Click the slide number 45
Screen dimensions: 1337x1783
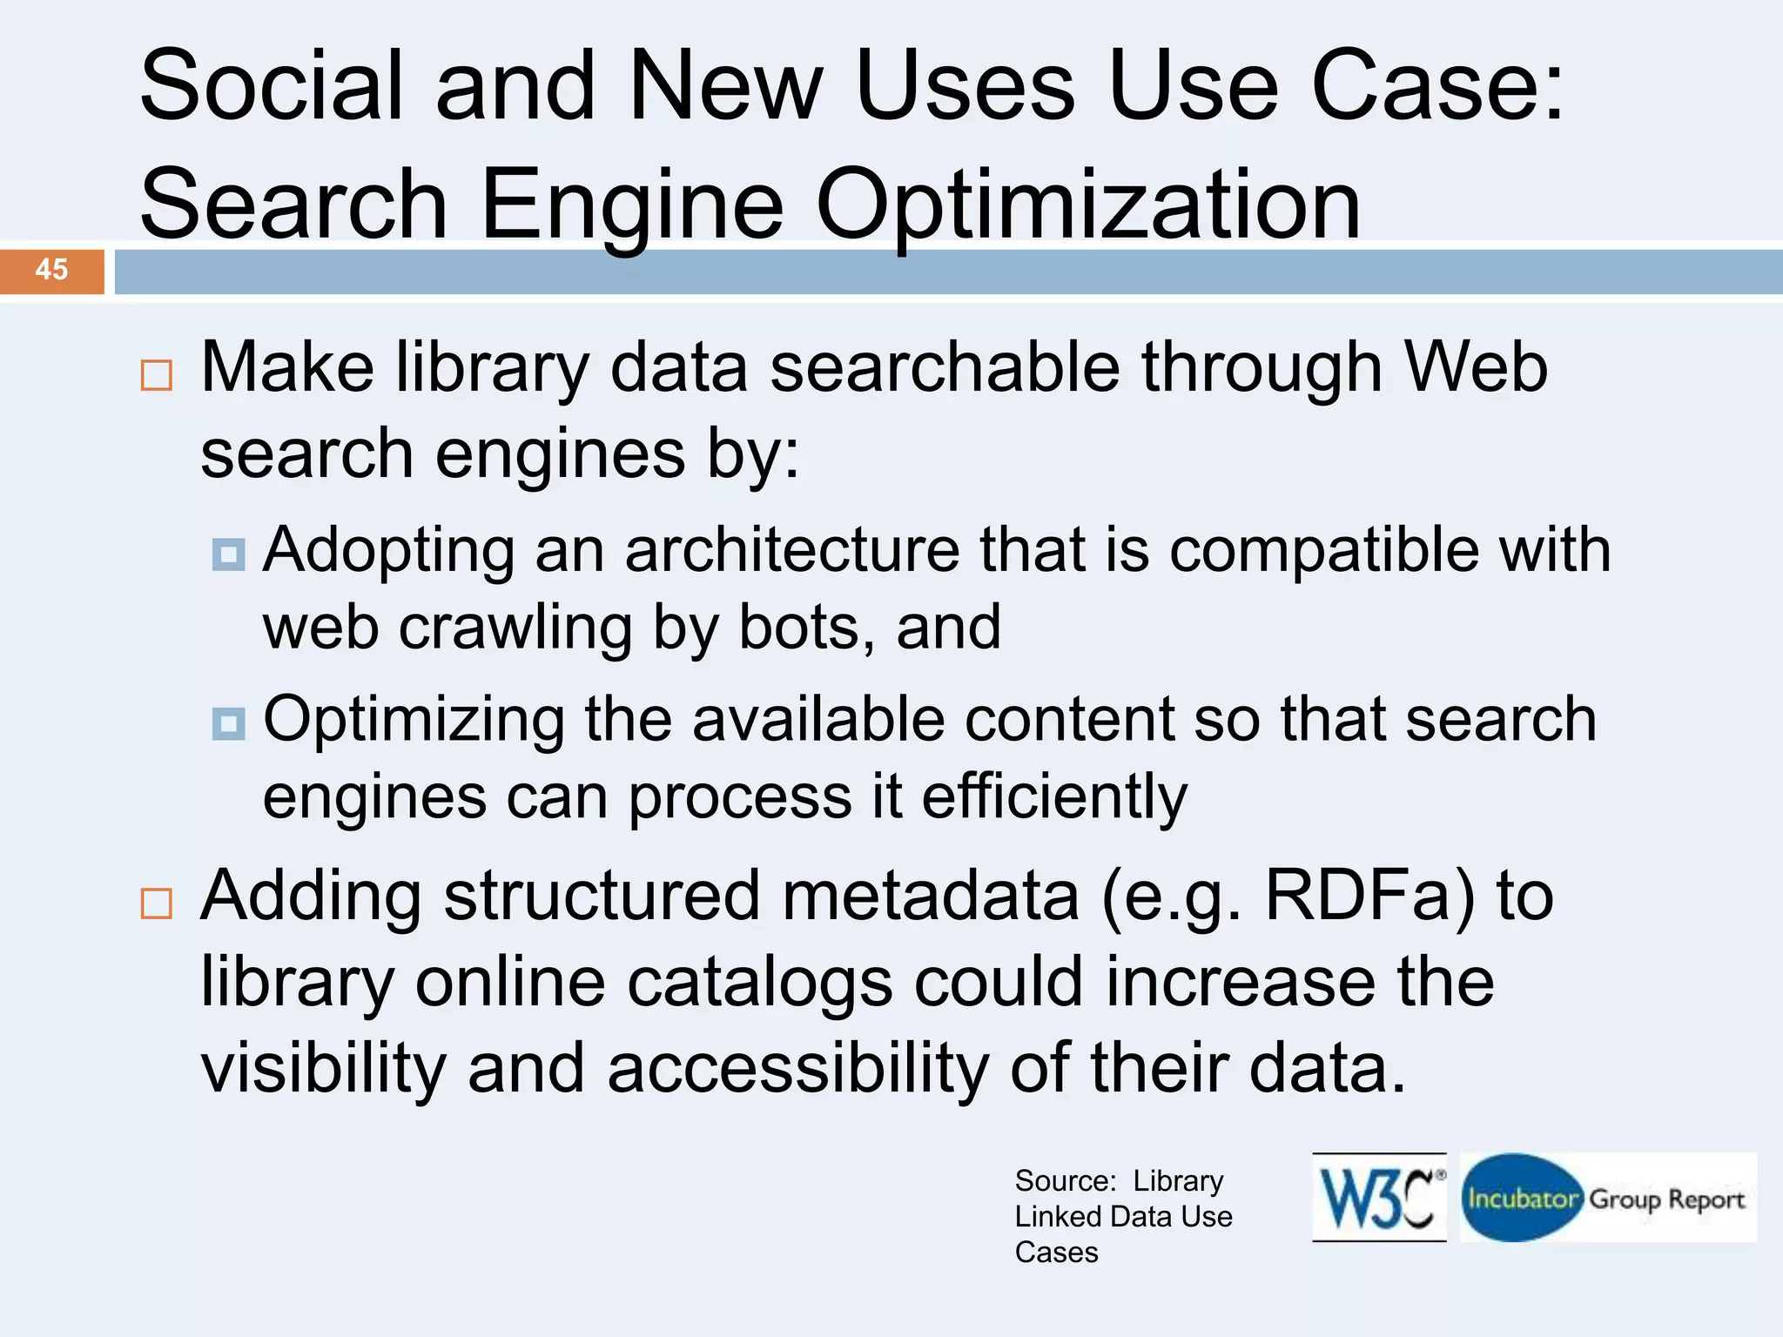(x=51, y=270)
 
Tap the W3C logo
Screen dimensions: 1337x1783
(x=1378, y=1198)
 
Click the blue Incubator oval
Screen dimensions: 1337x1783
(x=1522, y=1198)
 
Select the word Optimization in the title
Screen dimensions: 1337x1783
(x=1087, y=205)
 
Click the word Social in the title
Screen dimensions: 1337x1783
(x=272, y=85)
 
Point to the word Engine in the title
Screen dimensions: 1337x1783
(x=631, y=205)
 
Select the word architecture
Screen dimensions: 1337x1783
(x=792, y=550)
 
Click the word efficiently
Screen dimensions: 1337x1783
(x=1054, y=796)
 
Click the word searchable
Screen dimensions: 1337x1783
(x=945, y=367)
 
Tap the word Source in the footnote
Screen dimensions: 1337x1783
(x=1065, y=1181)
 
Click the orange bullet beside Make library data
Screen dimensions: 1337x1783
(x=157, y=375)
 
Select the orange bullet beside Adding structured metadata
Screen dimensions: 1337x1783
(x=157, y=904)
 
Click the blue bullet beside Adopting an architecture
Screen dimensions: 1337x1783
(x=229, y=554)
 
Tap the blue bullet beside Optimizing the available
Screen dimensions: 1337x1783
(x=229, y=722)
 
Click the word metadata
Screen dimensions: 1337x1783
(x=931, y=896)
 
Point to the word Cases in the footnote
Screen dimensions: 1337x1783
(x=1056, y=1253)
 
